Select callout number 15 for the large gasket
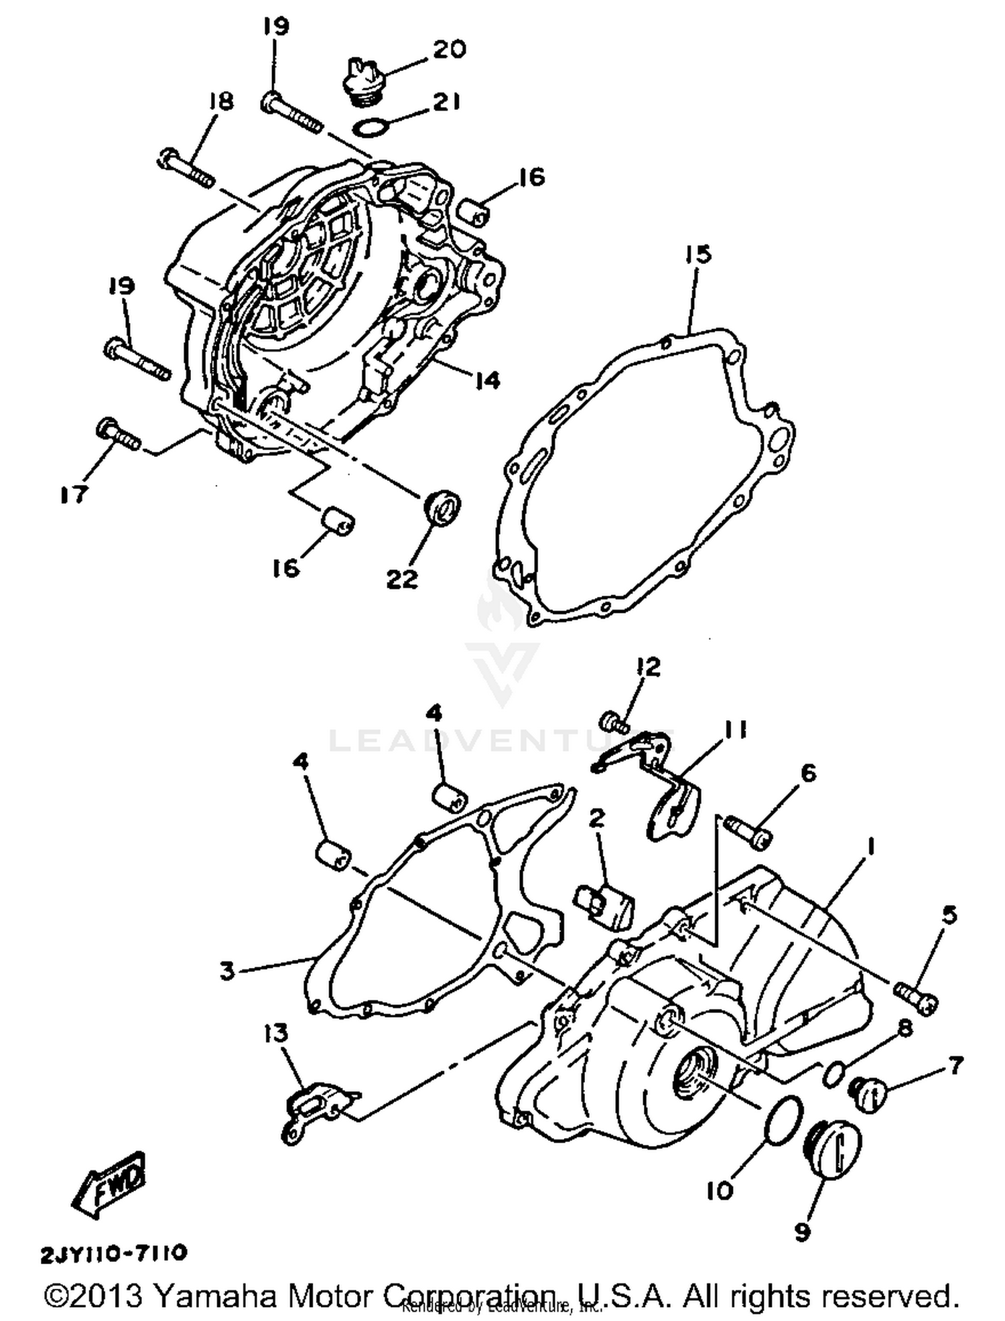coord(697,255)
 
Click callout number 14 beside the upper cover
coord(487,380)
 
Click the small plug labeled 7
coord(870,1097)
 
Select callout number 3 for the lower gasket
coord(228,971)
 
